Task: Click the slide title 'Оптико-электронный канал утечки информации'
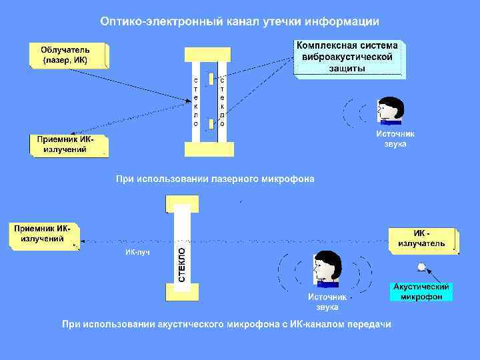239,21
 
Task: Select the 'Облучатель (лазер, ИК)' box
69,55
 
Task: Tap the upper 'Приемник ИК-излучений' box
69,145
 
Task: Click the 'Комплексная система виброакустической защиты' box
349,58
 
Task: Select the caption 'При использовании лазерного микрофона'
215,179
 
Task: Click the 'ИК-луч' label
137,253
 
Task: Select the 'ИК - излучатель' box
422,239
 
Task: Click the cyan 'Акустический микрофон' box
421,291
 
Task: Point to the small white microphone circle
421,267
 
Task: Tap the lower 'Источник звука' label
327,301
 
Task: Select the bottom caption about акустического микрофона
227,325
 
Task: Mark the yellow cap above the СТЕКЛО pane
182,203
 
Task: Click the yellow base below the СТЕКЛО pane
182,291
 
